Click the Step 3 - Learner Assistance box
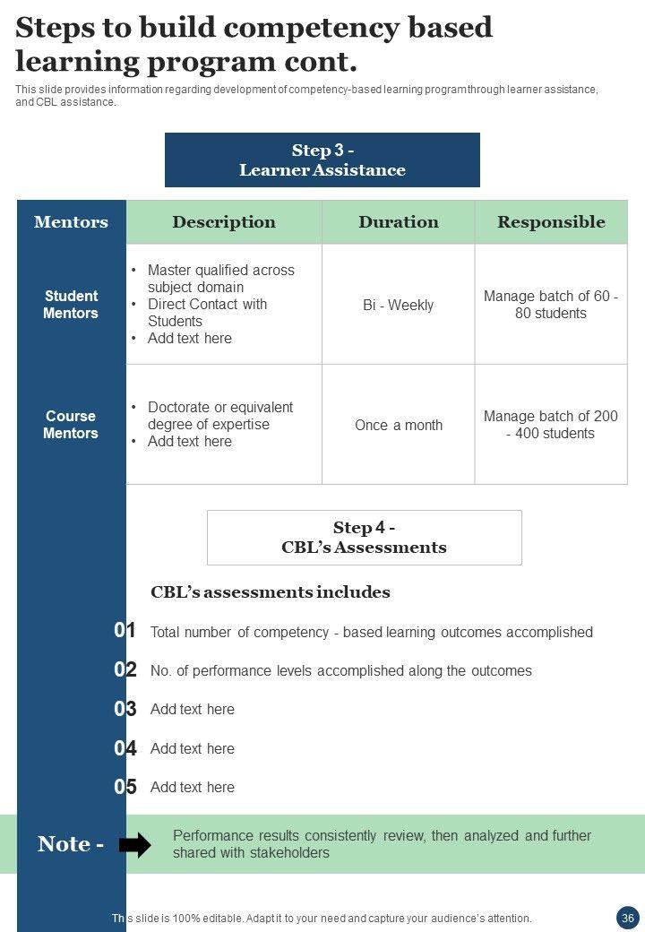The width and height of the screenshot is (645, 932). pyautogui.click(x=322, y=160)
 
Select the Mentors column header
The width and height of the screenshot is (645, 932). pyautogui.click(x=71, y=222)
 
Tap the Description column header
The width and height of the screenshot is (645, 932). pyautogui.click(x=224, y=222)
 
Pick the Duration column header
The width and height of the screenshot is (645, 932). pyautogui.click(x=399, y=222)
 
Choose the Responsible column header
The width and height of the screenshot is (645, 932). pyautogui.click(x=551, y=222)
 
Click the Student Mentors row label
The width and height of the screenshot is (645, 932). pyautogui.click(x=71, y=305)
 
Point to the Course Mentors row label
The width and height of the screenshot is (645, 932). pyautogui.click(x=71, y=425)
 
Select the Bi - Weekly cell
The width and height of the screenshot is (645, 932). pyautogui.click(x=399, y=305)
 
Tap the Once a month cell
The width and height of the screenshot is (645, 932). pyautogui.click(x=399, y=425)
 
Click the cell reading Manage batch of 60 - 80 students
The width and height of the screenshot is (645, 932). pyautogui.click(x=551, y=305)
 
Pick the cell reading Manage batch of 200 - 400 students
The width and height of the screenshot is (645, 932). pyautogui.click(x=551, y=425)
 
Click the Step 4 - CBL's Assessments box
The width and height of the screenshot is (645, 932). pyautogui.click(x=364, y=538)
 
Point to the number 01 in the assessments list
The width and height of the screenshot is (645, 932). pyautogui.click(x=125, y=631)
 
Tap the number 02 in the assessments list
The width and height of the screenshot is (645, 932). pyautogui.click(x=125, y=670)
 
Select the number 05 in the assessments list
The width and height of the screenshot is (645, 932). pyautogui.click(x=125, y=787)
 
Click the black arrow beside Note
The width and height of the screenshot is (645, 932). pyautogui.click(x=135, y=844)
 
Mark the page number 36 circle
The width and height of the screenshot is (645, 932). pyautogui.click(x=627, y=918)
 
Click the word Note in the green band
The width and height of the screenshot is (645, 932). pyautogui.click(x=64, y=844)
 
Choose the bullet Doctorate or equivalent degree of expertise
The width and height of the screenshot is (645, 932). pyautogui.click(x=220, y=416)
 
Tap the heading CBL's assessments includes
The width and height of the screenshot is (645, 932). pyautogui.click(x=271, y=592)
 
